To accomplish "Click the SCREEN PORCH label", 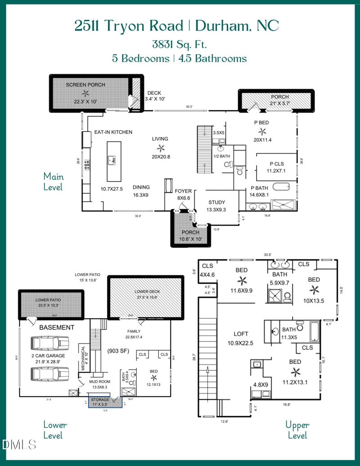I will [85, 85].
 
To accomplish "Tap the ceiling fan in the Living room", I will [160, 148].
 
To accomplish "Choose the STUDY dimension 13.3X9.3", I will [216, 210].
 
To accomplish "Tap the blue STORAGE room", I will [100, 402].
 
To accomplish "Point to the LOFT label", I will [241, 334].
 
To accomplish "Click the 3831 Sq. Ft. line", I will [180, 44].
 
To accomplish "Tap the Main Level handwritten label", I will [53, 181].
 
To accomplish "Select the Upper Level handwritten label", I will [297, 430].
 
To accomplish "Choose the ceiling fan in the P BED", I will [262, 131].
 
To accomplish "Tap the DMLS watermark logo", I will [19, 445].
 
